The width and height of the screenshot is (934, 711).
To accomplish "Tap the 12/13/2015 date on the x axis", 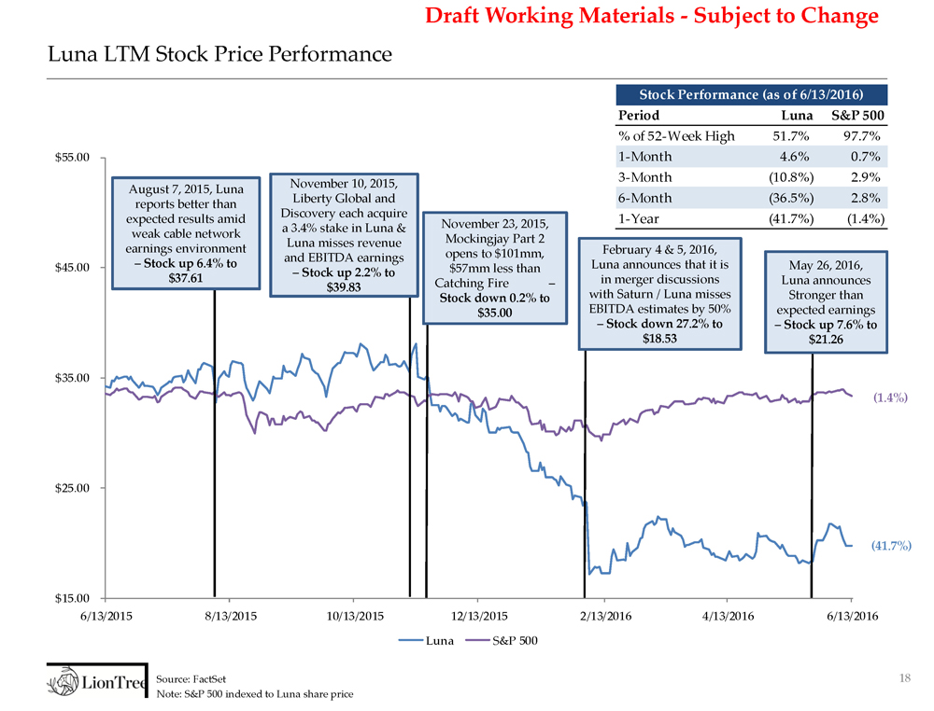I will pyautogui.click(x=477, y=616).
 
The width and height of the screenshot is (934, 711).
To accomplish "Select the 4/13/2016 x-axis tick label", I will pyautogui.click(x=727, y=616).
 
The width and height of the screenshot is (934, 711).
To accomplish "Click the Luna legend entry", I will pyautogui.click(x=427, y=640).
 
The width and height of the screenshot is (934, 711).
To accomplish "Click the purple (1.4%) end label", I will pyautogui.click(x=892, y=397).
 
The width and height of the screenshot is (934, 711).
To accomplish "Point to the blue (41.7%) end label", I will pyautogui.click(x=892, y=544).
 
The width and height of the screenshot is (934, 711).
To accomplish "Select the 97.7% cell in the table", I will pyautogui.click(x=864, y=136).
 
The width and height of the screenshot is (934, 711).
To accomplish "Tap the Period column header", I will pyautogui.click(x=639, y=116).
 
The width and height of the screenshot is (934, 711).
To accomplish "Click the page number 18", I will pyautogui.click(x=903, y=678).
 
